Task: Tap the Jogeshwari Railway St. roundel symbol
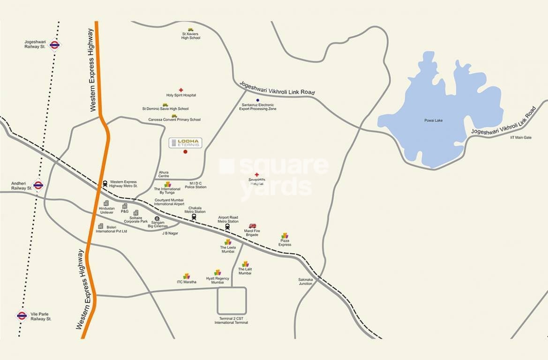click(x=54, y=45)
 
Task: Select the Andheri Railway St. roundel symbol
click(x=38, y=185)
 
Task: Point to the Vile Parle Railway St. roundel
click(x=22, y=315)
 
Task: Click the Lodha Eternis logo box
click(x=185, y=143)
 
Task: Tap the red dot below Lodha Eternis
click(x=185, y=152)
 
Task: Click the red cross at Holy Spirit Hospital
click(x=181, y=90)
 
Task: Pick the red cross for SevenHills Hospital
click(x=256, y=174)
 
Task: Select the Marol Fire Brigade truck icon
click(x=252, y=226)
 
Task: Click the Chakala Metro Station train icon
click(x=194, y=217)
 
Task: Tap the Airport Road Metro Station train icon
click(x=227, y=227)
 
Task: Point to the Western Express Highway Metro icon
click(x=105, y=183)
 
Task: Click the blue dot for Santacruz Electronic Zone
click(x=257, y=100)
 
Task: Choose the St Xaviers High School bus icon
click(x=191, y=30)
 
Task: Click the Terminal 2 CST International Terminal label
click(x=231, y=321)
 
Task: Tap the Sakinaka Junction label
click(x=305, y=282)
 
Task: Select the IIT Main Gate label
click(x=521, y=137)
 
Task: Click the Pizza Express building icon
click(x=285, y=236)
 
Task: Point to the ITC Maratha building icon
click(x=187, y=276)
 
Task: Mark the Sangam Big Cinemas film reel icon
click(x=157, y=218)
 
